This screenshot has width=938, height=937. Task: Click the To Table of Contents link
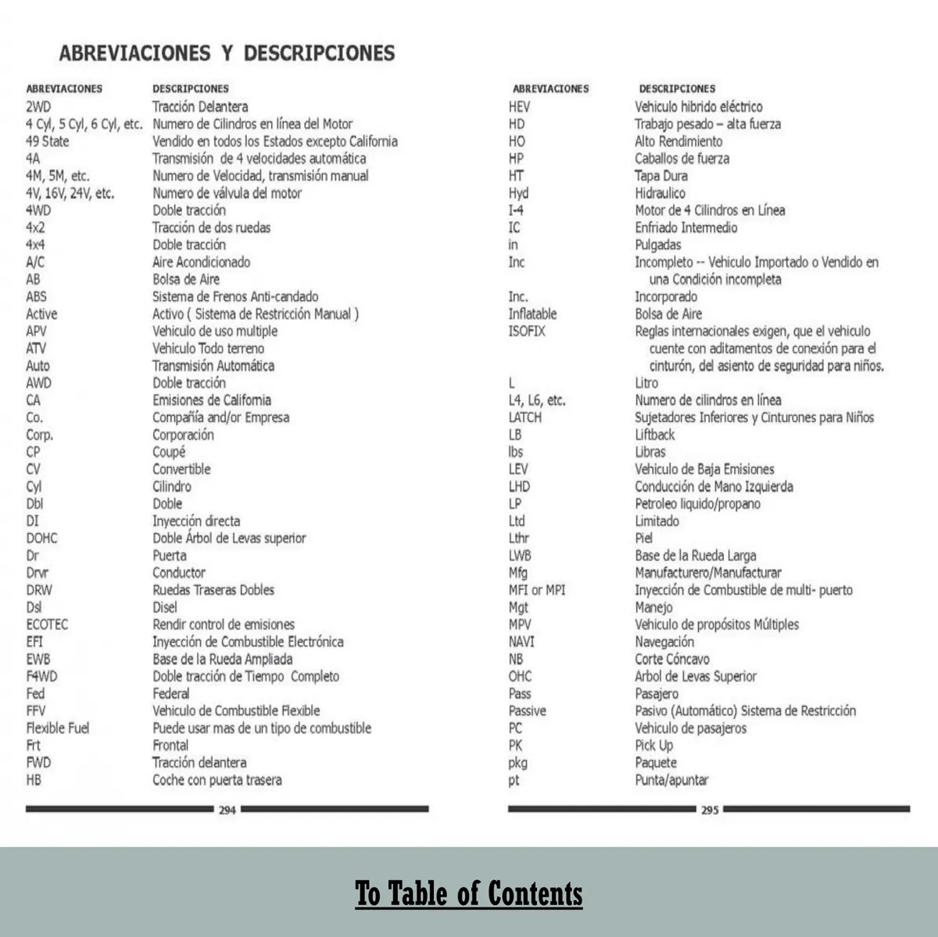(469, 894)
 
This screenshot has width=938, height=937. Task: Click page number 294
(227, 810)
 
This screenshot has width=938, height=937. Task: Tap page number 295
(710, 810)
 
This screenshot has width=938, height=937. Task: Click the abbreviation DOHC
(42, 538)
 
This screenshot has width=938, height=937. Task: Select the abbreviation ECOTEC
(47, 624)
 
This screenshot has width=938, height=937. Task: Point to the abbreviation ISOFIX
(527, 331)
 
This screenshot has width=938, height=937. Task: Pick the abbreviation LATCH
(525, 417)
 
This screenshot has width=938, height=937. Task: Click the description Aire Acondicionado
(202, 263)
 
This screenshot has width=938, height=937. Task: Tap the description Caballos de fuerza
(682, 159)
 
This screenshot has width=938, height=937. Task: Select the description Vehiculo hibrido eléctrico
(698, 107)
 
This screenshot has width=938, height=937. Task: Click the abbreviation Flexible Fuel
(58, 728)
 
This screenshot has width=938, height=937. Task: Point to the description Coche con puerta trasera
(217, 780)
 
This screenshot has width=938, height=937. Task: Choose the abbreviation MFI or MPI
(537, 590)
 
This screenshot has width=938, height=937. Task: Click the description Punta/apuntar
(671, 780)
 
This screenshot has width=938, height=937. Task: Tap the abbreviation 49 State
(47, 141)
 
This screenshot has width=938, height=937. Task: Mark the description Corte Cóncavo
(672, 659)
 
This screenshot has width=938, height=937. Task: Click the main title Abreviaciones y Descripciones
(227, 53)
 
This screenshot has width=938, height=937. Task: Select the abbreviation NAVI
(521, 642)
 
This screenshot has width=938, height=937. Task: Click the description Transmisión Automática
(213, 366)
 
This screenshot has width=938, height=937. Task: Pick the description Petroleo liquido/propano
(697, 504)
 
